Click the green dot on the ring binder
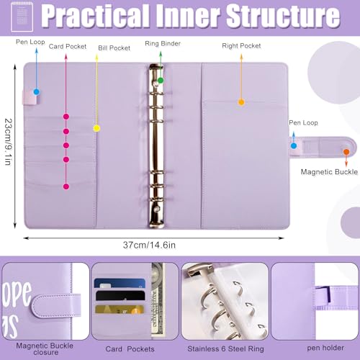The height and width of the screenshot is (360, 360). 161,80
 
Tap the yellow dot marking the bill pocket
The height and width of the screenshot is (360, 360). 96,128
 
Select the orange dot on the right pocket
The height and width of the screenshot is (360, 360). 241,102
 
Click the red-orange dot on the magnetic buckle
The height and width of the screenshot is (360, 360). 346,152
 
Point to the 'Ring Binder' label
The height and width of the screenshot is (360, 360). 163,43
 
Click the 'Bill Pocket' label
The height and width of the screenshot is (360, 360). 114,48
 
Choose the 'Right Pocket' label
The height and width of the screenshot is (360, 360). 241,45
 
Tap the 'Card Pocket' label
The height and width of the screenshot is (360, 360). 68,46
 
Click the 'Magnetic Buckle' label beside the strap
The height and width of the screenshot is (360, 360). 329,172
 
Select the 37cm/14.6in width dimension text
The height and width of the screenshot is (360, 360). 149,245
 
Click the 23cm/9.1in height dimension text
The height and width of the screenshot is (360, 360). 8,142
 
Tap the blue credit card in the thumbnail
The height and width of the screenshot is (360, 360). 120,283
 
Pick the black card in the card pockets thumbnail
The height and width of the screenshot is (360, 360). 120,295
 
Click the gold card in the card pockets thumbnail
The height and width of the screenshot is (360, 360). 120,310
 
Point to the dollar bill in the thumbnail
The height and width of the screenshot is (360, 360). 158,300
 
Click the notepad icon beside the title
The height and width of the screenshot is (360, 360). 22,17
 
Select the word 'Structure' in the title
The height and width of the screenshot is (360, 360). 284,16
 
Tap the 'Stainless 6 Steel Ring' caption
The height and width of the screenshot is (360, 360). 225,348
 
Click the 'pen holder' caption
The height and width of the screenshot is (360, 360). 325,348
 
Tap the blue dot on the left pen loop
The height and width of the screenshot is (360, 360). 37,91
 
